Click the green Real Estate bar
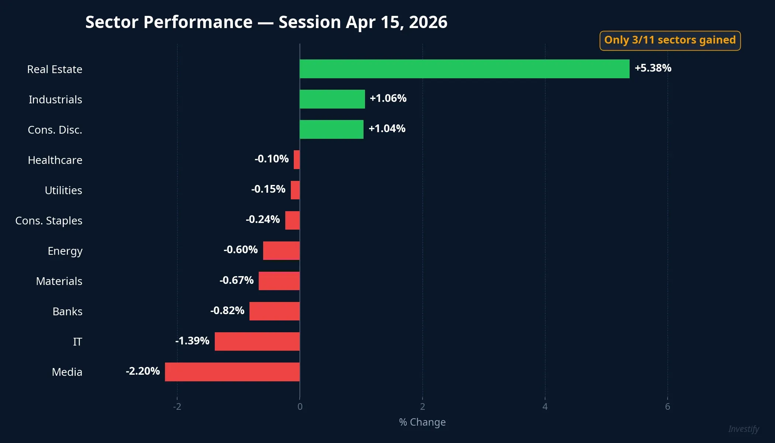(464, 69)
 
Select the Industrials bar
(332, 99)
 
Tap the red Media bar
(232, 372)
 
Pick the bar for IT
(257, 341)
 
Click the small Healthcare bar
(297, 160)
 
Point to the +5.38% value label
(653, 68)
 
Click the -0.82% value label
(227, 310)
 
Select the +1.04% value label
(387, 128)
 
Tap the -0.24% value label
(263, 219)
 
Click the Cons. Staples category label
(49, 221)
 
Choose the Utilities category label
(63, 190)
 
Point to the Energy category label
(65, 251)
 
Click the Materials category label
(59, 281)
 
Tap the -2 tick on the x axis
(177, 406)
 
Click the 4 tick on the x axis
(545, 406)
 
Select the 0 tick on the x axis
(300, 406)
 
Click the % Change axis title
(422, 422)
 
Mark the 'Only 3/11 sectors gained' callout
(670, 40)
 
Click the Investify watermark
(743, 429)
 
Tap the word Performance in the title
(198, 22)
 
